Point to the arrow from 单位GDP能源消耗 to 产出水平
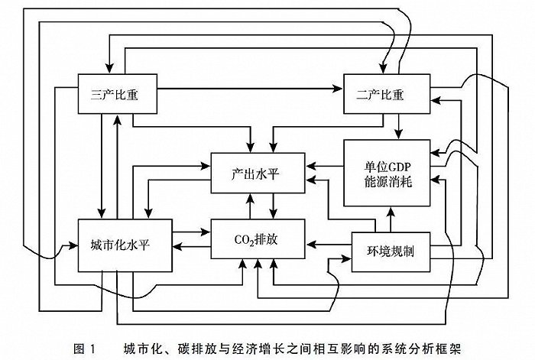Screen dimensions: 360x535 [x=324, y=164]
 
